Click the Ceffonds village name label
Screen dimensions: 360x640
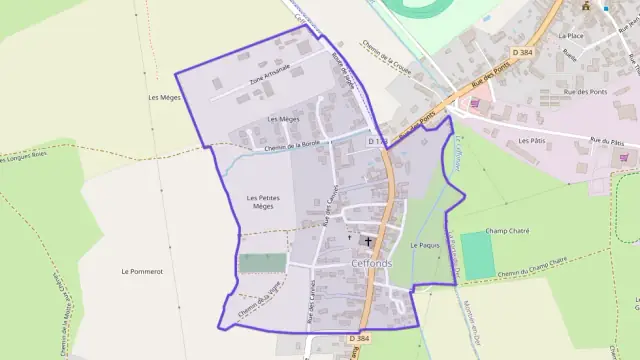click(x=372, y=263)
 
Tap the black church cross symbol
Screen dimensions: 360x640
click(x=367, y=241)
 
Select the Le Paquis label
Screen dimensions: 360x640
click(x=425, y=245)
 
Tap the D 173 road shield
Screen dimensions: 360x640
click(x=376, y=142)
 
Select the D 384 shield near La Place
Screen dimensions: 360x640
click(x=523, y=52)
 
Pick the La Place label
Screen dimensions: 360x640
click(x=571, y=35)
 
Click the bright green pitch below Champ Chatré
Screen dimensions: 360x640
click(x=478, y=256)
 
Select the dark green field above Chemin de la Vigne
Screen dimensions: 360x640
click(x=262, y=263)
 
